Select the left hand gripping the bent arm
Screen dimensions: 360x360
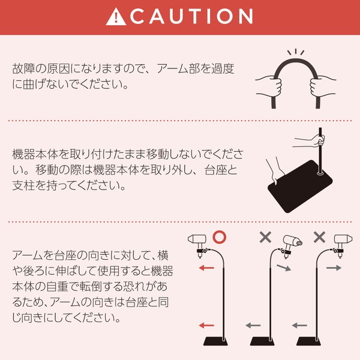tap(268, 85)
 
